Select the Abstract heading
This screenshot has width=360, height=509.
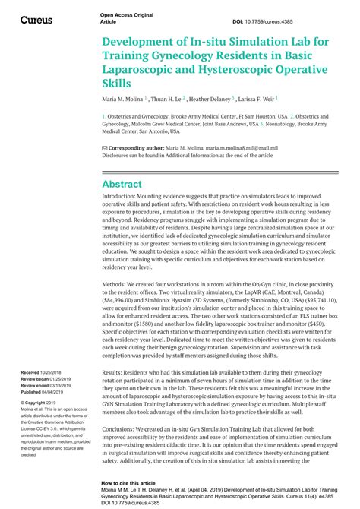(x=122, y=184)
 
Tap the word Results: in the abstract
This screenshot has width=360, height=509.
(x=115, y=373)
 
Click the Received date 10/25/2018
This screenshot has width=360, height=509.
(x=57, y=373)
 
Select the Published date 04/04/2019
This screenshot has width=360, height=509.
(x=59, y=389)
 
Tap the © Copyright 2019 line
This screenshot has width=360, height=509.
(x=43, y=402)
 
